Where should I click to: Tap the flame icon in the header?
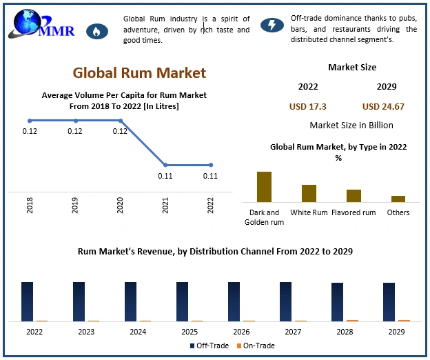[96, 31]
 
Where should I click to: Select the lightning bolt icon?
[272, 26]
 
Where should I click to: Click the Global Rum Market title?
[139, 72]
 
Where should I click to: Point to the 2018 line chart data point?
[30, 121]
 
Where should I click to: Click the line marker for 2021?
[165, 165]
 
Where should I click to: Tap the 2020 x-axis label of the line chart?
[120, 205]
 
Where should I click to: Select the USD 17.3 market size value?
[307, 107]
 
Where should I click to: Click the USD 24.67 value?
[383, 107]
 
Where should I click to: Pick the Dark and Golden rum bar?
[264, 186]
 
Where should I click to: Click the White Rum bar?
[309, 193]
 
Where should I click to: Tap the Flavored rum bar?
[354, 195]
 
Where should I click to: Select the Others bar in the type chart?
[398, 199]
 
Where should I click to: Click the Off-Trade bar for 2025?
[183, 301]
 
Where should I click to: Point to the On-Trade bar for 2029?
[404, 320]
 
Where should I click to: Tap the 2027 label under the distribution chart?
[294, 332]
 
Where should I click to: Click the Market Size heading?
[352, 68]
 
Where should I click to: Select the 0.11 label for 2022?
[210, 176]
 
